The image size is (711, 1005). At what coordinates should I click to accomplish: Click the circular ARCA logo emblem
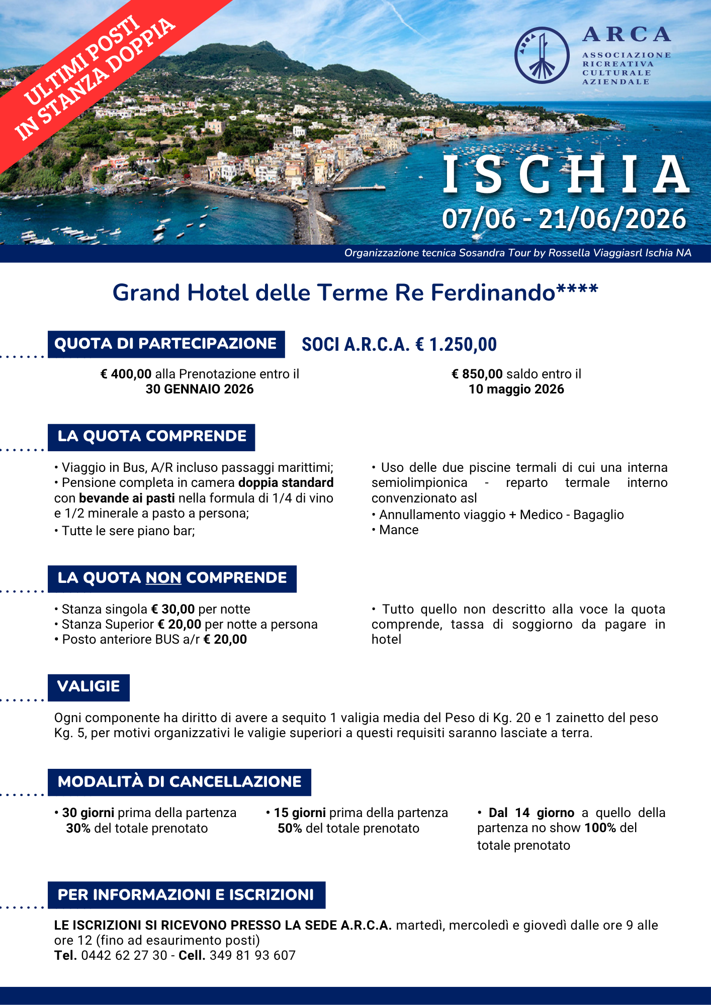click(542, 55)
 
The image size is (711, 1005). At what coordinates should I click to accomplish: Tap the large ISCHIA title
click(566, 174)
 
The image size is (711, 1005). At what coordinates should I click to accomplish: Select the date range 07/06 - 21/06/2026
click(564, 219)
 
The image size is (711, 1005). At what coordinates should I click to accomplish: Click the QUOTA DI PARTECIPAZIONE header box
click(166, 344)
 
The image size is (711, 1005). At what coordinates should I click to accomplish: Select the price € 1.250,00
click(456, 345)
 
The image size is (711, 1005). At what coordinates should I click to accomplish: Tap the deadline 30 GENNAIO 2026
click(200, 389)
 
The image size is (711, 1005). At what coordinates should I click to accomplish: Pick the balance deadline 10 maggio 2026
click(516, 389)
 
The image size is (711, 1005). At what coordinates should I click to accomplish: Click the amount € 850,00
click(477, 374)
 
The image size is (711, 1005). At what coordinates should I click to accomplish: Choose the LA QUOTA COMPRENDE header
click(151, 437)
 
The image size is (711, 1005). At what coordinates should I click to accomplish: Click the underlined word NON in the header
click(163, 578)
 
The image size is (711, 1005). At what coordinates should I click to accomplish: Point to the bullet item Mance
click(399, 530)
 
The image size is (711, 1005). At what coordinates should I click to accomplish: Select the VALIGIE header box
click(88, 687)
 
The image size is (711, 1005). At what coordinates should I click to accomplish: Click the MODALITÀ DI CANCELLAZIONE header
click(180, 782)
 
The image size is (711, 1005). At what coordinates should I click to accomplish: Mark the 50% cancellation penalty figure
click(290, 829)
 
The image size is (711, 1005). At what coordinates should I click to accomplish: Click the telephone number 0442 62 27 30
click(124, 956)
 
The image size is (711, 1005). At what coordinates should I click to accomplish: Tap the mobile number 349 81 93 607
click(252, 956)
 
